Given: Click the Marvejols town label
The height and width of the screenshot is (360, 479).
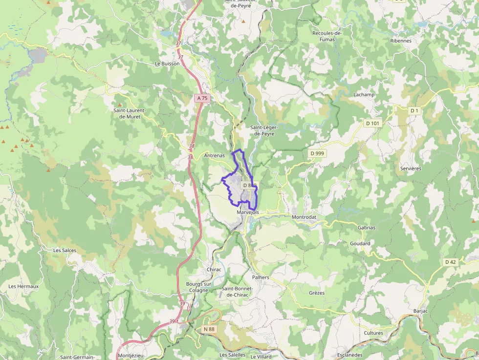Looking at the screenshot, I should (247, 212).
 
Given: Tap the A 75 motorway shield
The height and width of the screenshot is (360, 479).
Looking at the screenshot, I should (202, 98).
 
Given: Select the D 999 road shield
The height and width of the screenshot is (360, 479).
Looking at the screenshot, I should (317, 153).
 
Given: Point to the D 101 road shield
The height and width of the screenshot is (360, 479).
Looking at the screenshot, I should (372, 123).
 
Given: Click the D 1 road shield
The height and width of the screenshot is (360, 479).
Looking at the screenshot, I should (414, 111).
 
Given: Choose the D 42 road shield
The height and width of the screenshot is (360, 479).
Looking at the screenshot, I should (450, 262).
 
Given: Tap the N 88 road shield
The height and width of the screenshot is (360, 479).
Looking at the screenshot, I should (209, 329).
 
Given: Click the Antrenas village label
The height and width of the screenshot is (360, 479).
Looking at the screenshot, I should (214, 156).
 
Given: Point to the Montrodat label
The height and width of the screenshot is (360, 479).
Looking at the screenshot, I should (304, 217).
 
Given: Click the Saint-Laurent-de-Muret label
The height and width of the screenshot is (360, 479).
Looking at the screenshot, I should (130, 113).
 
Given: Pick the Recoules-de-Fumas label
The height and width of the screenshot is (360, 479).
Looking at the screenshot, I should (327, 36).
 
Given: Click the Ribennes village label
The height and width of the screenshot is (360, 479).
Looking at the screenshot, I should (401, 41).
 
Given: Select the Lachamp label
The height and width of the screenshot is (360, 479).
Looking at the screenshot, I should (364, 94).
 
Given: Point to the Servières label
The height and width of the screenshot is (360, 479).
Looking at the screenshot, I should (411, 168).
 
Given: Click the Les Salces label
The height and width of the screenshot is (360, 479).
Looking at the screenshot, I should (65, 250).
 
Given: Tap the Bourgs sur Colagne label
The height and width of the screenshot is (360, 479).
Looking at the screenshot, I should (198, 287).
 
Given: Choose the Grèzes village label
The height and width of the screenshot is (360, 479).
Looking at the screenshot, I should (317, 293).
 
